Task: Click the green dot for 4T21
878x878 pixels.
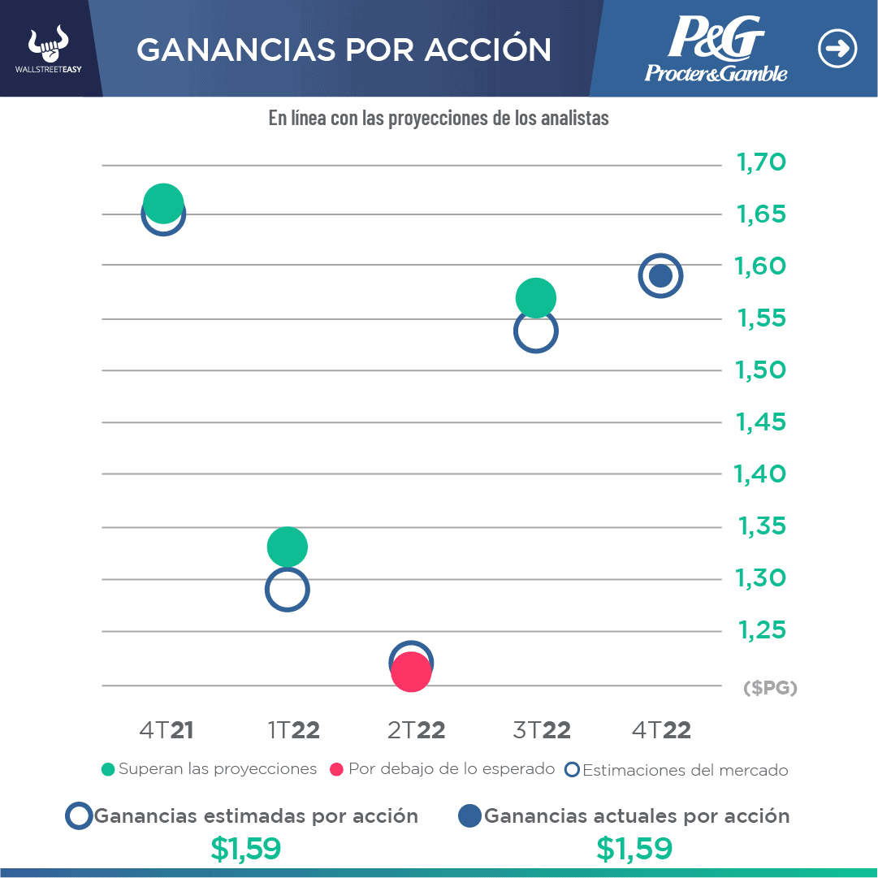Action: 163,202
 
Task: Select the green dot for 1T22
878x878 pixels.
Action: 287,546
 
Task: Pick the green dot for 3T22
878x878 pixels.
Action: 535,298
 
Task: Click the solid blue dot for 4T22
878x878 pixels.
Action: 660,276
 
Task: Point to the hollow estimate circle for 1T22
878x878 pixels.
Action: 287,590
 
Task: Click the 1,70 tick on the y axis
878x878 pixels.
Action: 761,163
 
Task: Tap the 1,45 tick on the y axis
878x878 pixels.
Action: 761,422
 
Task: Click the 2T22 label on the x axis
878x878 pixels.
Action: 416,730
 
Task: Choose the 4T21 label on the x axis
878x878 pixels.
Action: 167,730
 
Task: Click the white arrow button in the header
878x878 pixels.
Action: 837,49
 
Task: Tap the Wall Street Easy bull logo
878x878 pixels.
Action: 49,50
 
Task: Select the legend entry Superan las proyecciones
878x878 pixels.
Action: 209,769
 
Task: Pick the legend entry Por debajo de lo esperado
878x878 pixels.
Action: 443,769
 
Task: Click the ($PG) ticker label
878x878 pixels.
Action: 770,689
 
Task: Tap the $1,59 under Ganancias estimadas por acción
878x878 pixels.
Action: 245,849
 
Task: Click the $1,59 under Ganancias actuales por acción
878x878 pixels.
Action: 634,849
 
